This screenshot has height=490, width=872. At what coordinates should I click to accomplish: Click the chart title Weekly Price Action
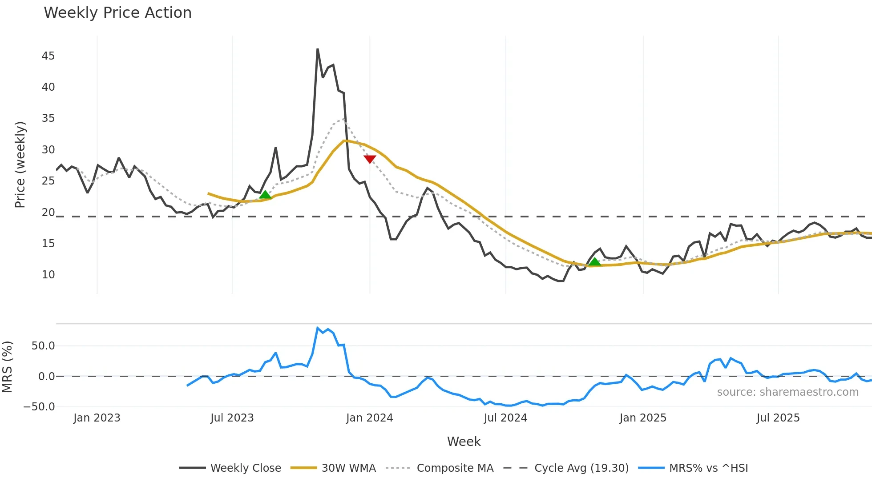[117, 13]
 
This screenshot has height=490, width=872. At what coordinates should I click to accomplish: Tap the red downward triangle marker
[370, 159]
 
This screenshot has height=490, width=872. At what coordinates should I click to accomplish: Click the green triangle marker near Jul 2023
[265, 195]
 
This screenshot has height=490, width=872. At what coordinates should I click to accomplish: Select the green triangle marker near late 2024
[594, 262]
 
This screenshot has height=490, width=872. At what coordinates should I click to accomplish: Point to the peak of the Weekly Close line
[318, 49]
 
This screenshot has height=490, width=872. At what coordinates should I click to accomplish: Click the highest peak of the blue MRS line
[318, 328]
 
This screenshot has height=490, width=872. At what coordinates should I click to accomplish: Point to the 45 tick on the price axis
[48, 56]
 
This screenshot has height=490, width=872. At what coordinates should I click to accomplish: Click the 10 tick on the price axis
[48, 275]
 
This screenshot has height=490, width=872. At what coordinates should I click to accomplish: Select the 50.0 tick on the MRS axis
[43, 346]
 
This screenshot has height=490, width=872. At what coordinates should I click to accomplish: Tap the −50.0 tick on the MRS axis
[39, 407]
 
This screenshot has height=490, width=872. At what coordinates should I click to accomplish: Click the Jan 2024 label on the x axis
[369, 418]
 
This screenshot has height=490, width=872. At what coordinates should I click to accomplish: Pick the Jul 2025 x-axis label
[778, 418]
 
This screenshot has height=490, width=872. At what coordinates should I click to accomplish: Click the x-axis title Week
[464, 442]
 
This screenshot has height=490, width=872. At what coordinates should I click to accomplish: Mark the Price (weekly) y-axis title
[20, 165]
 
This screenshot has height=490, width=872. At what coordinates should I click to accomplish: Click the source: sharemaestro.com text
[787, 392]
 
